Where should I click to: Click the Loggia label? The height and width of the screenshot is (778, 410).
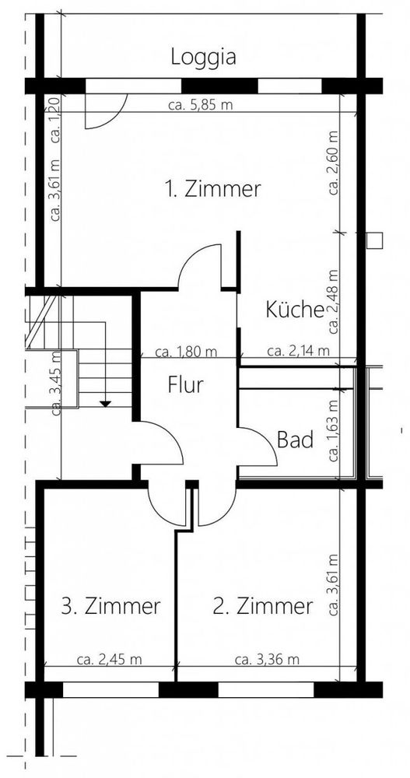pyautogui.click(x=203, y=58)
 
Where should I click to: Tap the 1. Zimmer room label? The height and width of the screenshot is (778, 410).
pyautogui.click(x=213, y=189)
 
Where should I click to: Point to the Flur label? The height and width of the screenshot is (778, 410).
pyautogui.click(x=186, y=384)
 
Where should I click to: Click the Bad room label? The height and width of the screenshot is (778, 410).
pyautogui.click(x=296, y=440)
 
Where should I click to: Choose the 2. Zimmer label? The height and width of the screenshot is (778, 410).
pyautogui.click(x=263, y=606)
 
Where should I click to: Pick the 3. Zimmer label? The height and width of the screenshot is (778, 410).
pyautogui.click(x=111, y=606)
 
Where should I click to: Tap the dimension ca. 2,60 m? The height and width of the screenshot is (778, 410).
pyautogui.click(x=334, y=163)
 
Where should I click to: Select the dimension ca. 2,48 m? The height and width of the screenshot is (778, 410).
pyautogui.click(x=334, y=302)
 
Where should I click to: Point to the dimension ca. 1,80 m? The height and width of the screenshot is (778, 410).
pyautogui.click(x=186, y=352)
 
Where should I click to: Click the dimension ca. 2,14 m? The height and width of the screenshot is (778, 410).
pyautogui.click(x=298, y=351)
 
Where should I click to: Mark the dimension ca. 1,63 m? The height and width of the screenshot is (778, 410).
pyautogui.click(x=334, y=431)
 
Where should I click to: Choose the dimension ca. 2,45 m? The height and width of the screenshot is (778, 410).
pyautogui.click(x=110, y=660)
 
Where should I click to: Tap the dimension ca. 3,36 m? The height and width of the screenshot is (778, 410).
pyautogui.click(x=267, y=660)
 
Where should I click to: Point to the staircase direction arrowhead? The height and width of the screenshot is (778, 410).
pyautogui.click(x=105, y=404)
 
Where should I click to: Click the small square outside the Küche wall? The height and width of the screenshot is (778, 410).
pyautogui.click(x=375, y=240)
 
